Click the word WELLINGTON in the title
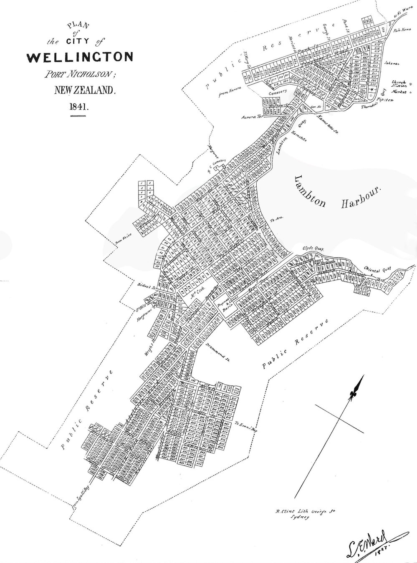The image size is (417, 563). [x=80, y=57]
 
